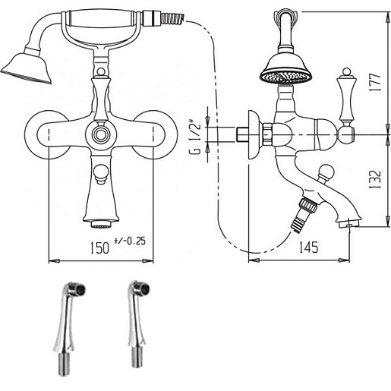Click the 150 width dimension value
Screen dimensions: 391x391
coord(99,248)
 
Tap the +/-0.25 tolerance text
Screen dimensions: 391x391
coord(130,241)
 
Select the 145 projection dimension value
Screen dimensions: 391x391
coord(308,247)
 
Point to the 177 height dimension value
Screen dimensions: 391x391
coord(374,83)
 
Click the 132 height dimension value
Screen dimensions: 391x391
coord(375,179)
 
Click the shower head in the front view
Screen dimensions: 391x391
coord(27,66)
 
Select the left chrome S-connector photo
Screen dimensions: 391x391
coord(69,328)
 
